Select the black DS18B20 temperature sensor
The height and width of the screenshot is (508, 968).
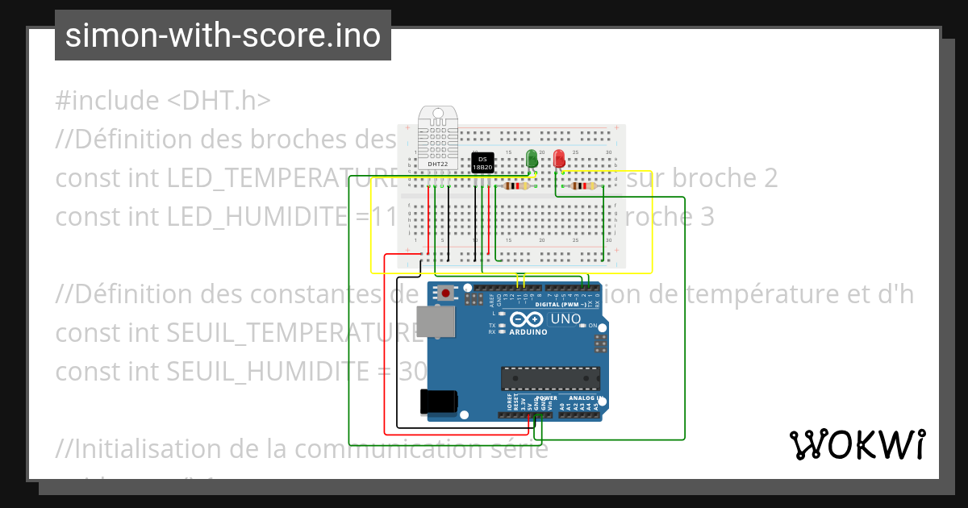click(x=482, y=162)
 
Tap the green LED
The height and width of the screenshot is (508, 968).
click(x=532, y=159)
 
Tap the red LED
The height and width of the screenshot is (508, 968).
click(x=559, y=159)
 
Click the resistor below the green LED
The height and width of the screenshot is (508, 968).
click(x=515, y=186)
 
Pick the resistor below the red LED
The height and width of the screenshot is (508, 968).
click(x=583, y=186)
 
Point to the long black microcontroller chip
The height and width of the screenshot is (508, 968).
click(x=550, y=377)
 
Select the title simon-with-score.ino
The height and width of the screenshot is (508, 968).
click(x=223, y=36)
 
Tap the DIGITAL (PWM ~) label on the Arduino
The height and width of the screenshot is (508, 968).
click(x=561, y=305)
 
